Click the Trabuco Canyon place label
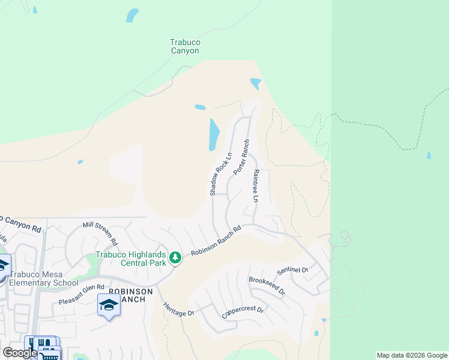tap(184, 47)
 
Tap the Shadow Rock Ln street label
tap(220, 175)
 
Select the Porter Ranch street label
tap(241, 157)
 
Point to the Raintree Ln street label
tap(256, 185)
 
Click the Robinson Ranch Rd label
tap(216, 241)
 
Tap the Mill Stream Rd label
tap(100, 232)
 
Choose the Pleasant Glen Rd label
tap(82, 295)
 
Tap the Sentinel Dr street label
tap(292, 271)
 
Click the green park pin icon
tap(175, 257)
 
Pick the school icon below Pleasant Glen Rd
tap(109, 305)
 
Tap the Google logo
tap(20, 352)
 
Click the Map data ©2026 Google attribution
tap(412, 355)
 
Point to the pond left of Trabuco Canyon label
tap(131, 16)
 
